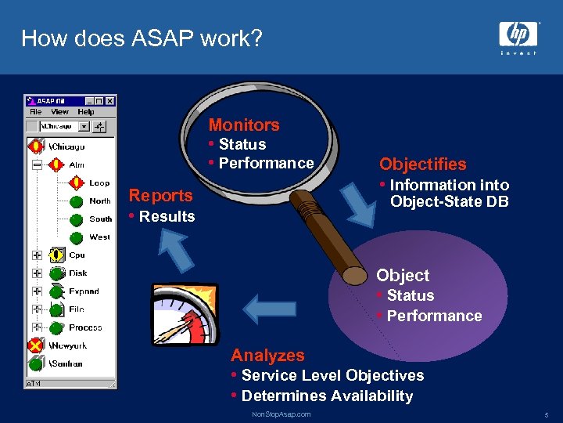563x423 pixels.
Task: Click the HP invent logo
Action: click(x=518, y=37)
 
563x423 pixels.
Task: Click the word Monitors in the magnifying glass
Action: click(x=243, y=125)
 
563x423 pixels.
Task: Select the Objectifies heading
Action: click(x=422, y=164)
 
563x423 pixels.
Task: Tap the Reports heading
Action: click(x=160, y=195)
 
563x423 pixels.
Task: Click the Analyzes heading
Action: click(x=267, y=356)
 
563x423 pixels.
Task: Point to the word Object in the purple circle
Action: click(x=403, y=275)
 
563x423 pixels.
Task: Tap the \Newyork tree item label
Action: click(x=68, y=345)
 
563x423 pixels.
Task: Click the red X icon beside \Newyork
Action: click(x=35, y=345)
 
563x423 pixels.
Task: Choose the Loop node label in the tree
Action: click(x=99, y=183)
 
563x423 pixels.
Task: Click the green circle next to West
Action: click(x=77, y=237)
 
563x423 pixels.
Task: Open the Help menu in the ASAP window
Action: click(x=85, y=112)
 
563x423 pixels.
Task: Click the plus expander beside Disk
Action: click(x=37, y=273)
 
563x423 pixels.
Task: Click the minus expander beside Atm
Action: click(x=37, y=165)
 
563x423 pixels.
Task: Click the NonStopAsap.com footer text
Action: click(x=281, y=414)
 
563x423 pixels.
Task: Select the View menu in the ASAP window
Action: click(x=60, y=112)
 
